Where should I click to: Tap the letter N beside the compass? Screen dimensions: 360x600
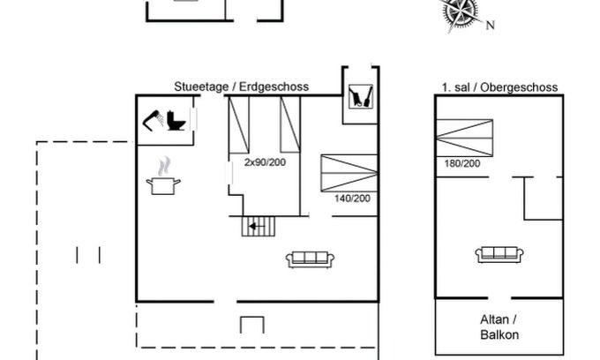(x=490, y=26)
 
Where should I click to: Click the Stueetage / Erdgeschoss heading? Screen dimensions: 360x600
(x=241, y=86)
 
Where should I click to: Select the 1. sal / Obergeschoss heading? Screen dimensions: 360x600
(x=499, y=87)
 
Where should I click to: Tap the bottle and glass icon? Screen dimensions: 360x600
(x=359, y=96)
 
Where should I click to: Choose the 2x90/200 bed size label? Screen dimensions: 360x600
(x=266, y=161)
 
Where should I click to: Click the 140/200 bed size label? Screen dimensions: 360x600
(x=352, y=198)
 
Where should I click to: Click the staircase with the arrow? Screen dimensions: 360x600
(x=259, y=227)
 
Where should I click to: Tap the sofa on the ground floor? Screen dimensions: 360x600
(x=310, y=259)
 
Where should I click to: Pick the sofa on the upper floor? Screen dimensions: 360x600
(x=496, y=255)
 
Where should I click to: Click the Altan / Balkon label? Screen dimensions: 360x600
(x=499, y=326)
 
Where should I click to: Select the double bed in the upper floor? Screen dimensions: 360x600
(x=463, y=138)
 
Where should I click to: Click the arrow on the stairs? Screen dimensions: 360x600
(x=255, y=227)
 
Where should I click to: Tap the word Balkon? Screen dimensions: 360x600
(x=499, y=334)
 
